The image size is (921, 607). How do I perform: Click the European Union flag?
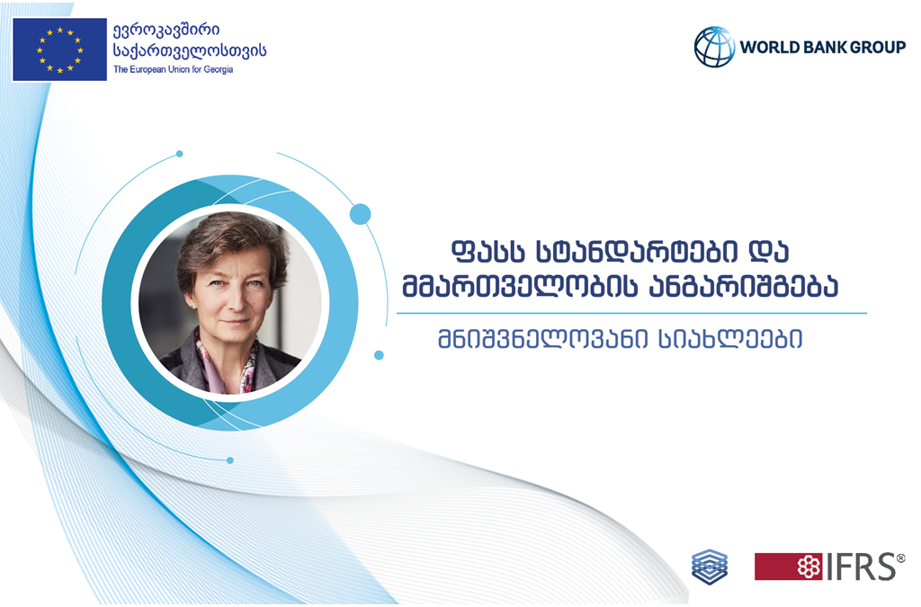click(x=59, y=49)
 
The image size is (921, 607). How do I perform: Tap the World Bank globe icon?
click(x=714, y=47)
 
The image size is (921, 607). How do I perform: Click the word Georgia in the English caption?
click(x=219, y=69)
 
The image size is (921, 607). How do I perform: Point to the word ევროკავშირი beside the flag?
click(x=166, y=30)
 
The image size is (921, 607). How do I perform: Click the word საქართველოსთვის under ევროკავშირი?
click(x=190, y=51)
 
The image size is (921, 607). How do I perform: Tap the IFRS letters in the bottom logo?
click(x=863, y=567)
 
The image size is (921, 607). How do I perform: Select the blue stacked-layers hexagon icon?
click(x=710, y=567)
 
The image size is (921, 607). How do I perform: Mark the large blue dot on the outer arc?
click(x=360, y=214)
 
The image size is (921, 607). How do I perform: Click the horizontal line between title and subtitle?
click(x=631, y=314)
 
